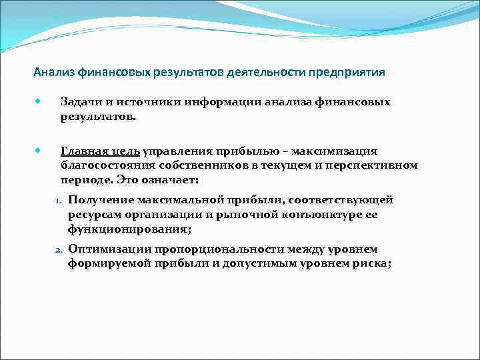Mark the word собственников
click(201, 165)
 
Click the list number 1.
click(57, 200)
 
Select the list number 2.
click(57, 250)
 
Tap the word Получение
click(101, 200)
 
